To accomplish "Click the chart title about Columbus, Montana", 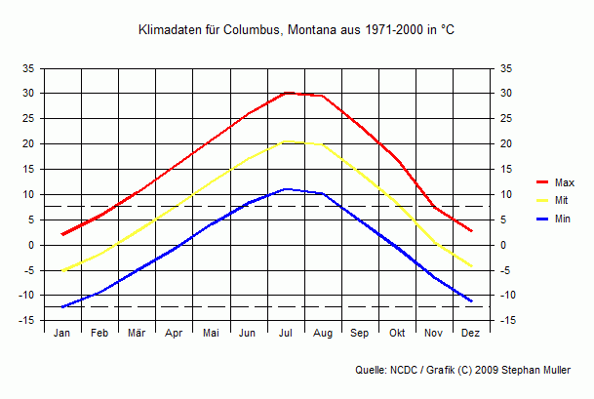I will tap(297, 31).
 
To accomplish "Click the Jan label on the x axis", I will tap(62, 333).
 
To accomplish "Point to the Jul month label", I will tap(286, 333).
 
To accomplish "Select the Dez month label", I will tap(471, 333).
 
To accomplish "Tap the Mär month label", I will tap(137, 333).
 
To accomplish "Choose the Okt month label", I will tap(397, 333).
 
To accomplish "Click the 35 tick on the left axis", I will tap(28, 68).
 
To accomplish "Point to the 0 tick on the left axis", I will tap(31, 245).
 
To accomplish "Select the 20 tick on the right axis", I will tap(505, 143).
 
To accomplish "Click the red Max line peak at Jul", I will tap(286, 93).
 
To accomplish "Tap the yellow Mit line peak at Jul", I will tap(286, 141).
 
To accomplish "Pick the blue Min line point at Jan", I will tap(62, 306).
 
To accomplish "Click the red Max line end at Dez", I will tap(472, 231).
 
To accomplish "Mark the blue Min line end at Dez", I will tap(472, 300).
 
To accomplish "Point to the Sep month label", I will tap(360, 333).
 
